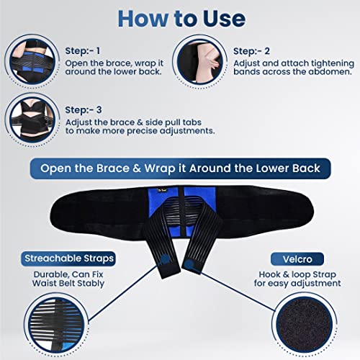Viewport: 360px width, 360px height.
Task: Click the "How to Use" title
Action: pyautogui.click(x=179, y=18)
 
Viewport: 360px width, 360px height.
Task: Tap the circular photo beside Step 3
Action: pyautogui.click(x=29, y=117)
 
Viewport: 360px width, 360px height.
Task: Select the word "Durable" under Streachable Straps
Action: pyautogui.click(x=46, y=274)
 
